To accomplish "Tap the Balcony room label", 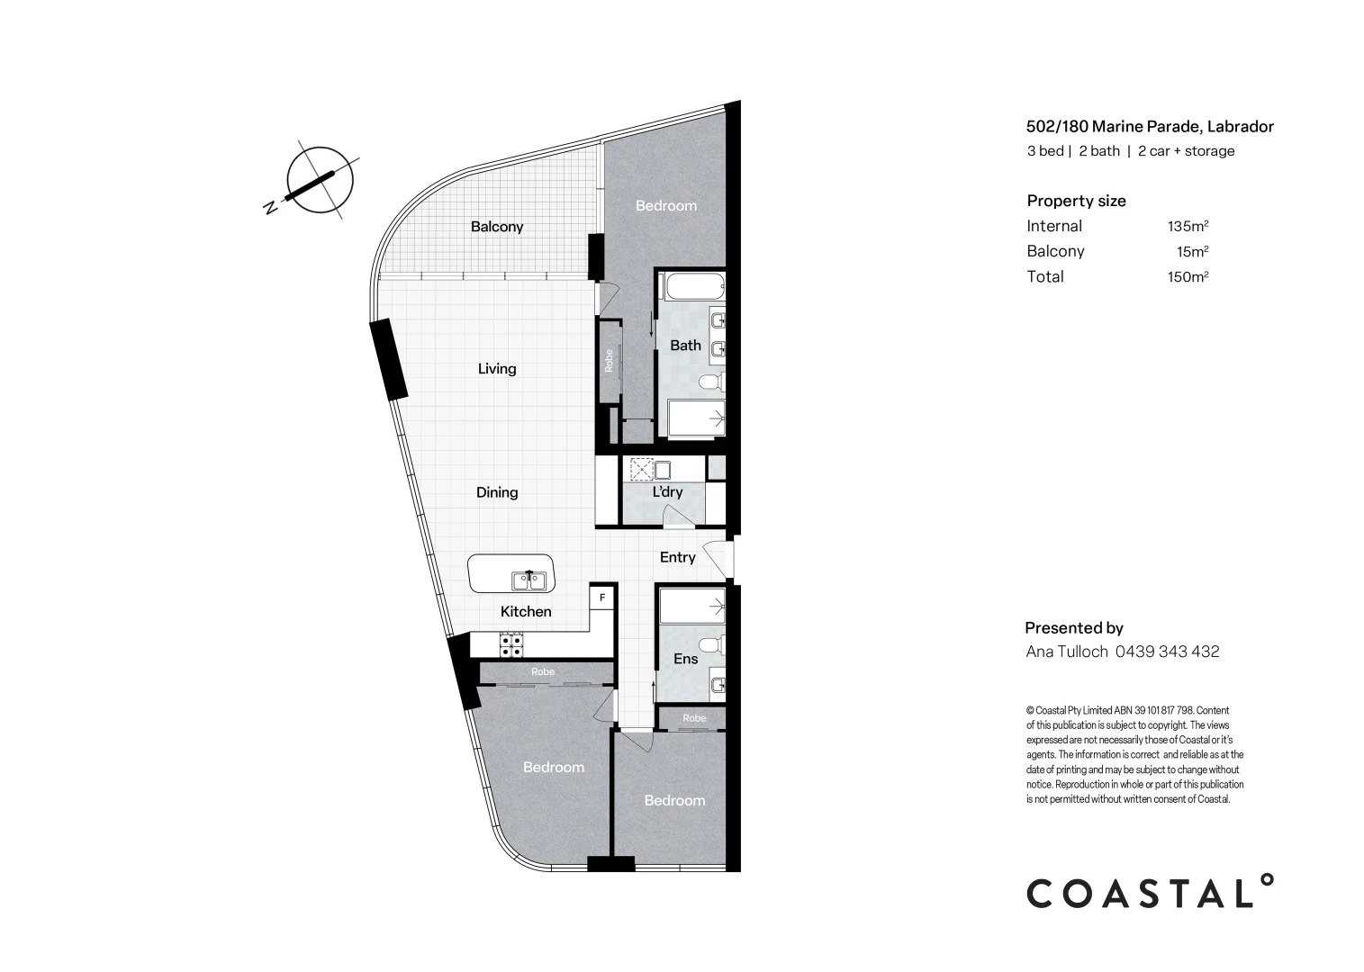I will click(x=497, y=227).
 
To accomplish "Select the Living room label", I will click(x=497, y=368).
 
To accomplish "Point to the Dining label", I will click(x=497, y=492).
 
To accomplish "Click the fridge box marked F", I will click(x=602, y=597).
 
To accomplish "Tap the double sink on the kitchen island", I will click(x=529, y=580).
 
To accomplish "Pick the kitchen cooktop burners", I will click(x=511, y=643).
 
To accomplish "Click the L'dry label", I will click(x=667, y=492).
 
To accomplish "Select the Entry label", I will click(x=677, y=557).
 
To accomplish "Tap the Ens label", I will click(x=685, y=659).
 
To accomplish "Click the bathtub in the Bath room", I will click(x=693, y=288).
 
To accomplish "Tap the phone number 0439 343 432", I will click(x=1168, y=652).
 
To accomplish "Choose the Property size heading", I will click(x=1076, y=201).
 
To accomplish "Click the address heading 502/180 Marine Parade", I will click(x=1150, y=127).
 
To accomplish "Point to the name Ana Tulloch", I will click(x=1067, y=652).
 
